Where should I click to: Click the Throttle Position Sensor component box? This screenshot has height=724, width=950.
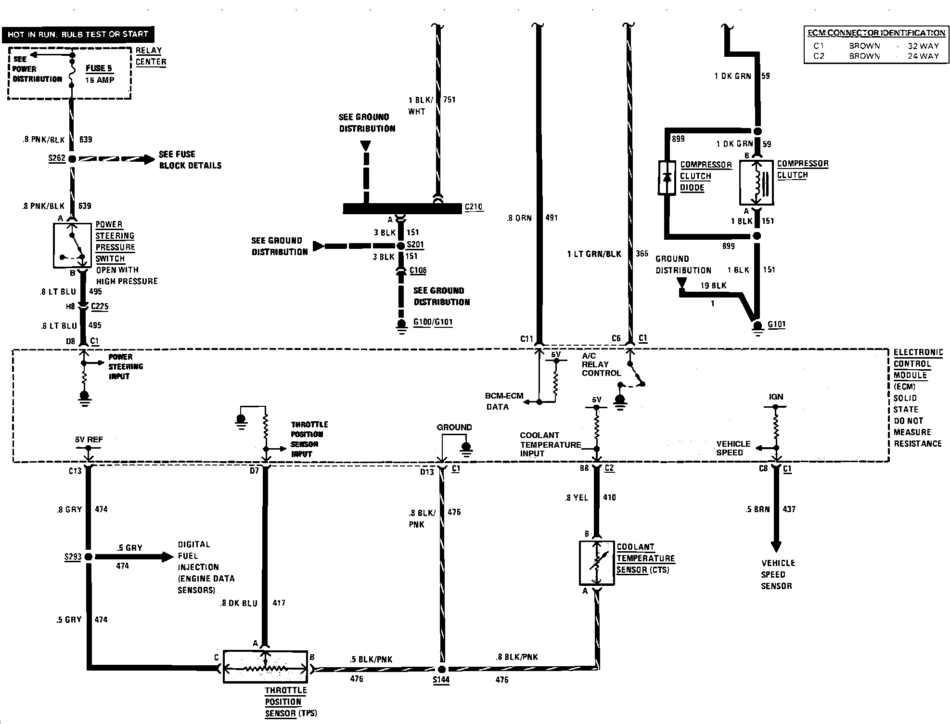pos(265,667)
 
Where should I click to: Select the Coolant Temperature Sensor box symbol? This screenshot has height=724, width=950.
pos(597,563)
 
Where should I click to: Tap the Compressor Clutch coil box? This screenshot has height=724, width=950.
pos(756,183)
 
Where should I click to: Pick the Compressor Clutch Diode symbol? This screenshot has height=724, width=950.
pos(667,177)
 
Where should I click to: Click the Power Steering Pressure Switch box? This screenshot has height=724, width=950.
pos(72,245)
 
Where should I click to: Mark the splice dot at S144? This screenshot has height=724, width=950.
pos(442,669)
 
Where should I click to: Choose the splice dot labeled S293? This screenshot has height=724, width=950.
pos(89,557)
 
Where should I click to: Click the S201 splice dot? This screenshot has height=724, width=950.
pos(400,246)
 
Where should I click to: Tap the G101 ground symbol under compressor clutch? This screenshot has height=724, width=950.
pos(757,327)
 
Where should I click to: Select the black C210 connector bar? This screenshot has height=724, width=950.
pos(402,208)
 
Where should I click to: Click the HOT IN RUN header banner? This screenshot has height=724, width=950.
pos(78,34)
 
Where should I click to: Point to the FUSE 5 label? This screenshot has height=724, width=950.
pos(99,68)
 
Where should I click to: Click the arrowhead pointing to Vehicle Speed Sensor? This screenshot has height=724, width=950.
pos(776,546)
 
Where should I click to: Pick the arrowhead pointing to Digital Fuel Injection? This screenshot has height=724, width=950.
pos(167,557)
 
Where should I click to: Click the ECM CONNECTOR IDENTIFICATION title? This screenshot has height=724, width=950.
pos(876,33)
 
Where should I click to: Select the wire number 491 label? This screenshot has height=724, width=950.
pos(552,218)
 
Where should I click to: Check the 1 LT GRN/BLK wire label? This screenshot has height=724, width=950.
pos(594,254)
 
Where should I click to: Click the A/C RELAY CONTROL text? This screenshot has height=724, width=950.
pos(601,364)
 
